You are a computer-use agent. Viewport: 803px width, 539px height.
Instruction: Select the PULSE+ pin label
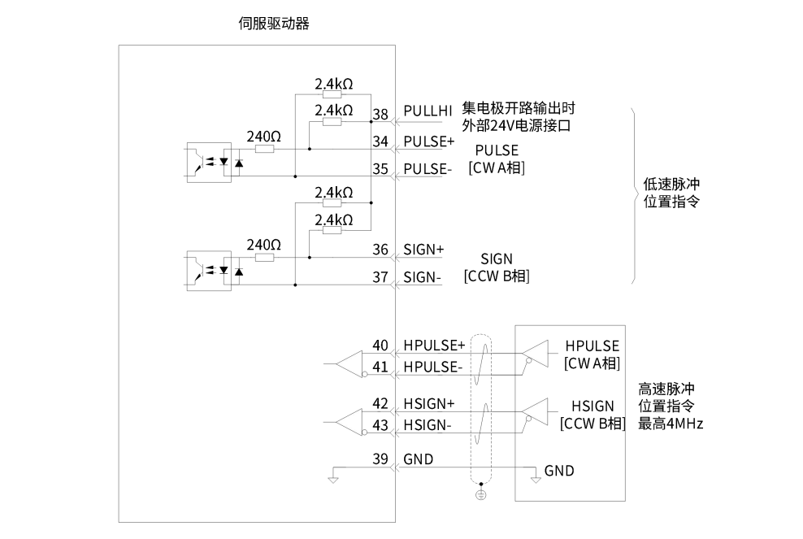point(428,141)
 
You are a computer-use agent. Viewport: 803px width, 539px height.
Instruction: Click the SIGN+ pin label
point(423,249)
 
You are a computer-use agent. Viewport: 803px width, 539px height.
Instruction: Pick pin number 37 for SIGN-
point(380,277)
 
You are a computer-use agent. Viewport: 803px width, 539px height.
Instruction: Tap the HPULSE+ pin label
point(434,346)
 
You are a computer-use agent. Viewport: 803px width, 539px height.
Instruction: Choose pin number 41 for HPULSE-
point(380,367)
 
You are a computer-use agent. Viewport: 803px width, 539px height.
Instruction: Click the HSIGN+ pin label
point(429,403)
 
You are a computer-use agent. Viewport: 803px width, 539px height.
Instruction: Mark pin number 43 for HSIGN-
point(380,425)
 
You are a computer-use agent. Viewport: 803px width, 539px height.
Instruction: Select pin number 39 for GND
point(380,459)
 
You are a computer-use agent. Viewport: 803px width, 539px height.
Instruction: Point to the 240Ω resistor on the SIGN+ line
point(263,258)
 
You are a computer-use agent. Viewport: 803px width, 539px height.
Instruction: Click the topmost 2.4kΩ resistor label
point(333,84)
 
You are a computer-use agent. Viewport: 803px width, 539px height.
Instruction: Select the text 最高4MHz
point(671,424)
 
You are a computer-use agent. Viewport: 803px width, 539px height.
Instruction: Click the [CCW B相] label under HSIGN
point(592,424)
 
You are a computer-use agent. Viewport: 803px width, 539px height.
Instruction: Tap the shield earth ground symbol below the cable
point(480,495)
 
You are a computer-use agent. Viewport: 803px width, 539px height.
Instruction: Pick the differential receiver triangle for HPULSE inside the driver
point(349,363)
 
